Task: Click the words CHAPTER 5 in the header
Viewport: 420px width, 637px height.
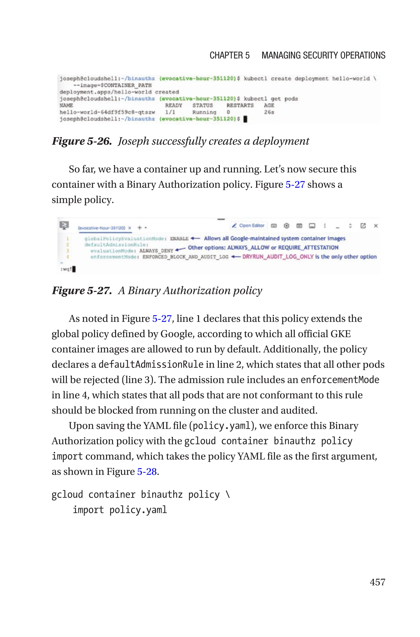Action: click(x=229, y=55)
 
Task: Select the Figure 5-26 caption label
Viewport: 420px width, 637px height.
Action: click(x=82, y=141)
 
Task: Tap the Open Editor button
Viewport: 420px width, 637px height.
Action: click(x=248, y=225)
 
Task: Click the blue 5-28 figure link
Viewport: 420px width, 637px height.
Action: click(x=147, y=471)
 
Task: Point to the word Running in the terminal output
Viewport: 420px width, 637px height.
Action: click(x=204, y=112)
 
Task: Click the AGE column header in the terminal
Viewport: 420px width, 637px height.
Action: click(x=269, y=105)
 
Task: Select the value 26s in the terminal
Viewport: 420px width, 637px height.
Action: click(x=269, y=112)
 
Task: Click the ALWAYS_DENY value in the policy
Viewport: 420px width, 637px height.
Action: click(x=156, y=251)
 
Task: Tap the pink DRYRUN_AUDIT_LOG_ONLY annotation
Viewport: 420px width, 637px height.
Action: click(x=278, y=257)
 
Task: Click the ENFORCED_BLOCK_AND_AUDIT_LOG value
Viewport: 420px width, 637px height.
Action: click(x=185, y=257)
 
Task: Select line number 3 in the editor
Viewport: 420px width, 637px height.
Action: click(x=67, y=251)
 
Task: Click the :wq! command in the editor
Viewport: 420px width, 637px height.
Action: click(x=66, y=269)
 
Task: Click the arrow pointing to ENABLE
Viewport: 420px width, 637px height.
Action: click(x=195, y=238)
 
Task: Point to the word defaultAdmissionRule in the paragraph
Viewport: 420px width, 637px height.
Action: click(x=151, y=365)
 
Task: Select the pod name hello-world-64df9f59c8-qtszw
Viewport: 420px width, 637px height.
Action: click(x=107, y=112)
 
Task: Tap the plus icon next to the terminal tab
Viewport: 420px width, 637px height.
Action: click(x=139, y=228)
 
